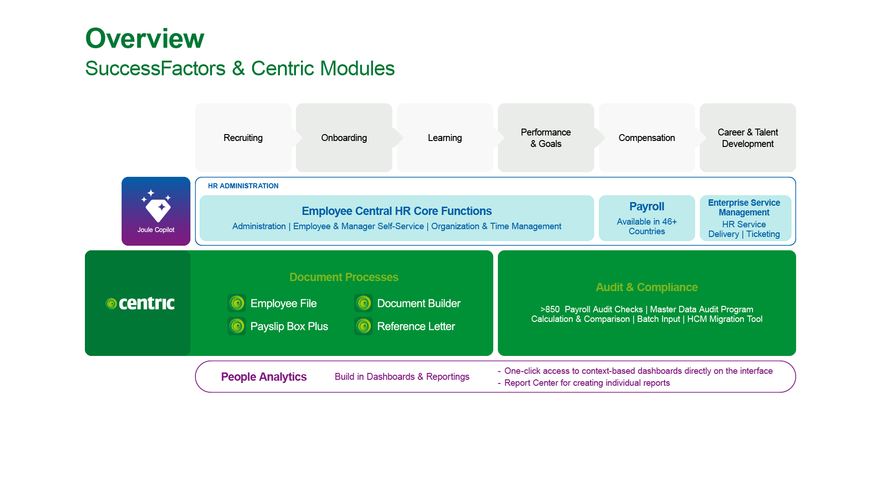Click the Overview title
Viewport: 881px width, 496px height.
145,38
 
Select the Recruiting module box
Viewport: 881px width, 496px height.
243,138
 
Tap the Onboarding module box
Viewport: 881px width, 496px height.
344,138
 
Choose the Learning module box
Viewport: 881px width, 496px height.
445,138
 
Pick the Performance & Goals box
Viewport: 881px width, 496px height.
546,138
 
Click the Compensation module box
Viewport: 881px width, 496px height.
647,138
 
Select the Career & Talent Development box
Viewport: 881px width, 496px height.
747,138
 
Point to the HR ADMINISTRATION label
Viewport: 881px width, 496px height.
243,186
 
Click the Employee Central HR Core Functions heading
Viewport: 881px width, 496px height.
396,211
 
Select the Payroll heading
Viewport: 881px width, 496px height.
647,207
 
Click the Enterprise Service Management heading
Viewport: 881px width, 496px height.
744,208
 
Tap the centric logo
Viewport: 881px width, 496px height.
140,303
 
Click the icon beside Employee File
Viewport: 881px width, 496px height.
237,303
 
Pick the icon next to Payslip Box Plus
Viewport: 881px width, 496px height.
237,326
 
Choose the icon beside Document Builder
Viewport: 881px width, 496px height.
363,303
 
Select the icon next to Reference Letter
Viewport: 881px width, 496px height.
363,326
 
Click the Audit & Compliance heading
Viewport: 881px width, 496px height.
647,287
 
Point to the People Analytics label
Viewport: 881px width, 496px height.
264,377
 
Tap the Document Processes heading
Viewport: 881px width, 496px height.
344,277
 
